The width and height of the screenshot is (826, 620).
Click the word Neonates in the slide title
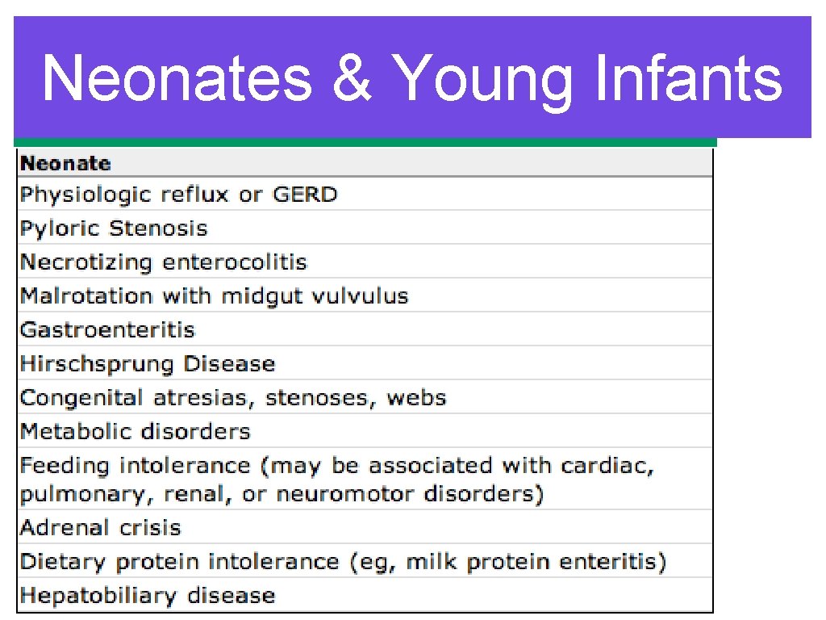(177, 78)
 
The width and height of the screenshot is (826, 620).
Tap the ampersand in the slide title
(350, 78)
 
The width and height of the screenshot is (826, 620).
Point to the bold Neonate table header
(65, 164)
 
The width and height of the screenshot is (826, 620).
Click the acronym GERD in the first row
(305, 195)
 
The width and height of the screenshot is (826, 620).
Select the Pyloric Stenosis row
(114, 228)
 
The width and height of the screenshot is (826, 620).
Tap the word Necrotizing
(86, 262)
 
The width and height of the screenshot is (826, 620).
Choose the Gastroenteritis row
(107, 330)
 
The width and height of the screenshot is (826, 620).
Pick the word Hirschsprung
(98, 364)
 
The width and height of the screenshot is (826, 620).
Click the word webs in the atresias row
(415, 398)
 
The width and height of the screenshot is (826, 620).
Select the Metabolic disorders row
(135, 432)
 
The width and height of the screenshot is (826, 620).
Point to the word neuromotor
(344, 494)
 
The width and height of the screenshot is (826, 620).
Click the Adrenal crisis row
(100, 528)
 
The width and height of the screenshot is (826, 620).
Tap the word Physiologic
(86, 195)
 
